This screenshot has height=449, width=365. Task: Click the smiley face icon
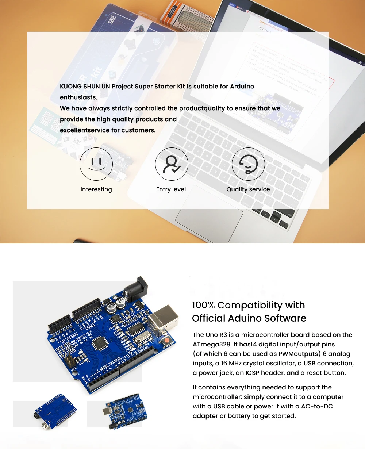(x=96, y=164)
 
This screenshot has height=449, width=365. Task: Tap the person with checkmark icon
(x=172, y=164)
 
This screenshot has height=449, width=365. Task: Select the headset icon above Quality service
(x=248, y=164)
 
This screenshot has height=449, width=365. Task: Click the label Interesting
(x=96, y=189)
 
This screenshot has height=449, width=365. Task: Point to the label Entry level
(x=171, y=189)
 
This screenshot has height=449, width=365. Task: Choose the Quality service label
(x=248, y=189)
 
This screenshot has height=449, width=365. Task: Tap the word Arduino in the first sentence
(x=242, y=87)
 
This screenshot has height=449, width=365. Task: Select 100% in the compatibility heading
(x=203, y=305)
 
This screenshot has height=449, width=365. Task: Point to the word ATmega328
(x=210, y=344)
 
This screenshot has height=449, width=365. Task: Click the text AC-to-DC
(x=317, y=406)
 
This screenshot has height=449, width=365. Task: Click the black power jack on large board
(x=137, y=288)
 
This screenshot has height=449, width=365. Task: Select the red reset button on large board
(x=167, y=340)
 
